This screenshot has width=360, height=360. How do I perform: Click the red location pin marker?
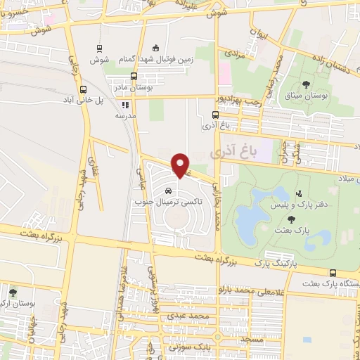pos(181,165)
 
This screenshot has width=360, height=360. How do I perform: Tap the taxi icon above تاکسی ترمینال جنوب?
pos(168,191)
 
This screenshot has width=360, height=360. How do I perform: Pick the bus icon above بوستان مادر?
pos(134,77)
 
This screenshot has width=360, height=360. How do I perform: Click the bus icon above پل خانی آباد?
pos(84,89)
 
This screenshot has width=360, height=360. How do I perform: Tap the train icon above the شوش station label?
pos(100,48)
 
